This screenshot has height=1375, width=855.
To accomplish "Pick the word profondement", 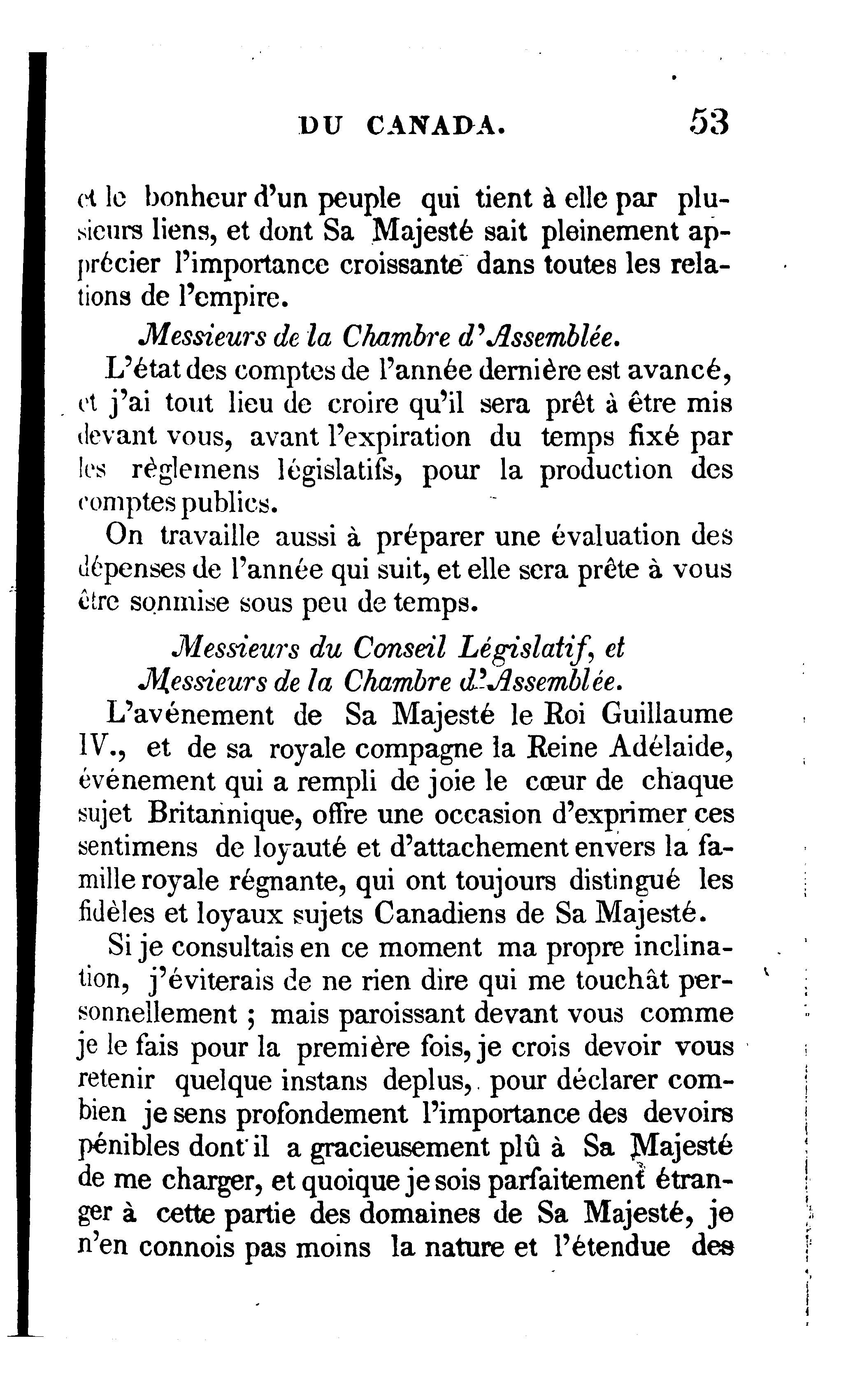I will pos(321,1114).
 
